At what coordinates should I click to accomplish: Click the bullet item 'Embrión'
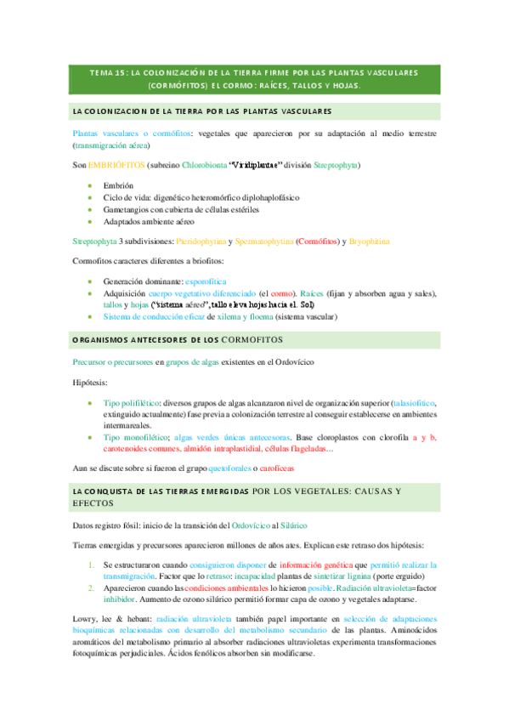pyautogui.click(x=118, y=185)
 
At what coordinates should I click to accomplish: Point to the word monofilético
pyautogui.click(x=137, y=437)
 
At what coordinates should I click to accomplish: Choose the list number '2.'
pyautogui.click(x=93, y=588)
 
